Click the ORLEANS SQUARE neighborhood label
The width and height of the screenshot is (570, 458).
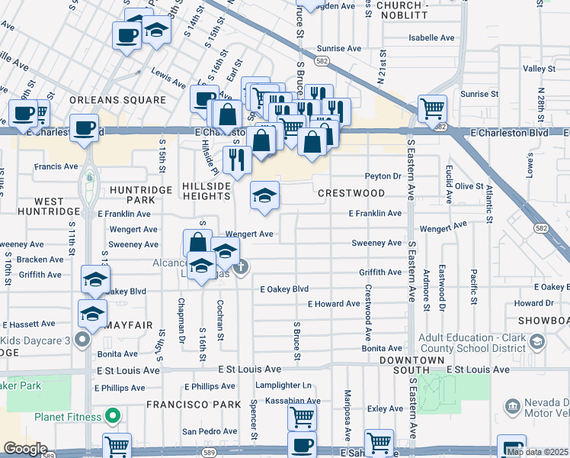click(x=117, y=100)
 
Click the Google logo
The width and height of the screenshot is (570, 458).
click(x=25, y=449)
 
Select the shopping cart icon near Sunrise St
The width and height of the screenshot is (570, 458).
click(x=432, y=108)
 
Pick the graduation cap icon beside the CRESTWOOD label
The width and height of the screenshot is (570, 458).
click(x=264, y=195)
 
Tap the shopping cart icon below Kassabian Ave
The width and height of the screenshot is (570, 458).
click(x=302, y=417)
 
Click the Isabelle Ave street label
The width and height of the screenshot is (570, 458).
click(x=431, y=37)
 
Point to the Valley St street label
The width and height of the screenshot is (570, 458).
click(x=539, y=69)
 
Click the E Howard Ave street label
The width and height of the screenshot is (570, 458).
click(x=334, y=304)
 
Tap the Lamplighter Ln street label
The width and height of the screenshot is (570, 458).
click(x=283, y=385)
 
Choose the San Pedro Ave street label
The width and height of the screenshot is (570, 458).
click(x=203, y=431)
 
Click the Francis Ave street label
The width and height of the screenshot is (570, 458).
click(x=56, y=166)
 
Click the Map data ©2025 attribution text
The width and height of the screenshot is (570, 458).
click(x=537, y=452)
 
